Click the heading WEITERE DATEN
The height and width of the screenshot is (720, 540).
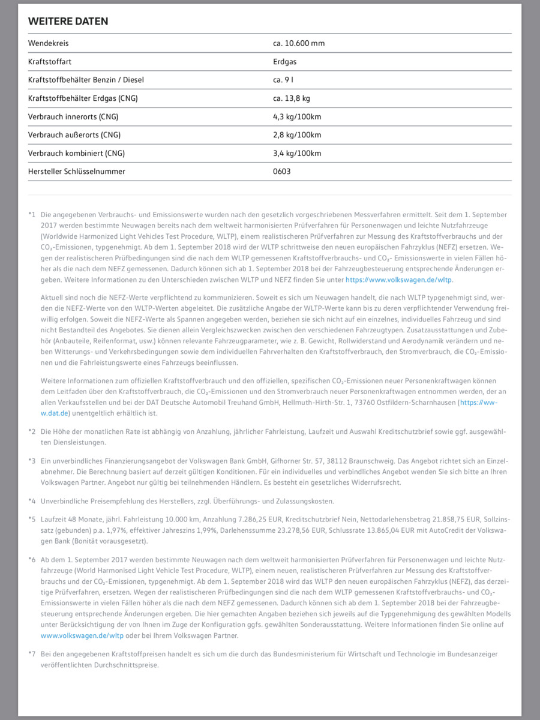tap(68, 21)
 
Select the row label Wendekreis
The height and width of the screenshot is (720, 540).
tap(48, 43)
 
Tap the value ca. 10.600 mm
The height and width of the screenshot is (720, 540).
tap(298, 43)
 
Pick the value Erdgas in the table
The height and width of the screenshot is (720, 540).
tap(284, 61)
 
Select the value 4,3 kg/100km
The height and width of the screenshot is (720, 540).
tap(297, 116)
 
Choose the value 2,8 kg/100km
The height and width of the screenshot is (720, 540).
tap(297, 135)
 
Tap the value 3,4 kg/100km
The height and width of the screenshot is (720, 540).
tap(297, 153)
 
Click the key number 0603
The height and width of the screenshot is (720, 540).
tap(281, 172)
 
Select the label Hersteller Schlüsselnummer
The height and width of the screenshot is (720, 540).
tap(77, 172)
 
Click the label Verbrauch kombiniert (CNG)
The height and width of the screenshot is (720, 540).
tap(76, 153)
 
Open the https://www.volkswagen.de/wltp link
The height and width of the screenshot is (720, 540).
tap(398, 280)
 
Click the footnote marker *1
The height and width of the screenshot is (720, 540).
tap(32, 214)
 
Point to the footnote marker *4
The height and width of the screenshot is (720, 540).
tap(32, 501)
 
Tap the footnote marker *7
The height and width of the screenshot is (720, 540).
tap(32, 653)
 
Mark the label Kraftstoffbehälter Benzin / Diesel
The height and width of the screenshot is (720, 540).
tap(86, 80)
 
